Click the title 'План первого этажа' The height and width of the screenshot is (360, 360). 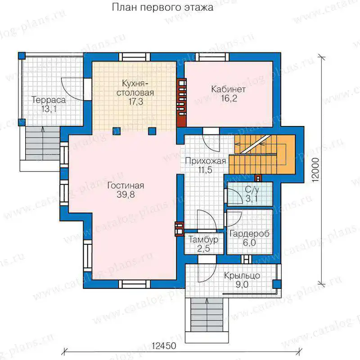tap(162, 8)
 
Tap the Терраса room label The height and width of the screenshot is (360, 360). tap(49, 100)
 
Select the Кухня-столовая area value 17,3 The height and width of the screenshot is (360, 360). tap(136, 102)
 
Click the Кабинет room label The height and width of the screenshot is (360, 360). tap(229, 89)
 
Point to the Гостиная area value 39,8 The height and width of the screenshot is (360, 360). tap(126, 195)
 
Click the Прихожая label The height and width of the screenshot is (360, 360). tap(206, 161)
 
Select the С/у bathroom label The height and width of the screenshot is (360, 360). tap(252, 189)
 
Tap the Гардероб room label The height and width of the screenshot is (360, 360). tap(249, 234)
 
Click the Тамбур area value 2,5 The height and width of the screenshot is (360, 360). tap(203, 249)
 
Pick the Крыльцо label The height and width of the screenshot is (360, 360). tap(242, 275)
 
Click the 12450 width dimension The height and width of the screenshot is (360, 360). tap(164, 346)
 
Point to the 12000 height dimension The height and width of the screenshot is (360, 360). tap(316, 170)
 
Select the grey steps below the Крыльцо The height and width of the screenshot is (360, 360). tap(207, 315)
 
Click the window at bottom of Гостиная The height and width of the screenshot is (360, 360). tap(134, 284)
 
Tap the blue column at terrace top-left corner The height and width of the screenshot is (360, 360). tap(22, 56)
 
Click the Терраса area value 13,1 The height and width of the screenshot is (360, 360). tap(49, 109)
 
